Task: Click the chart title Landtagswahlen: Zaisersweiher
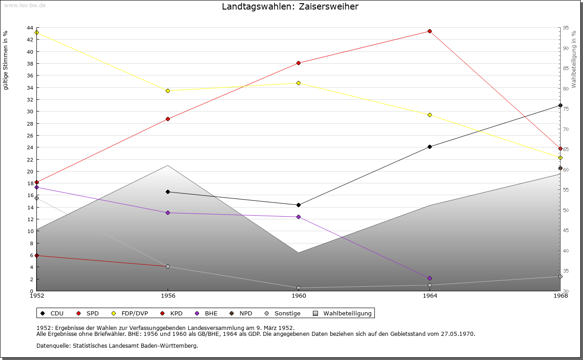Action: pyautogui.click(x=290, y=7)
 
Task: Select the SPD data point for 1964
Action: pyautogui.click(x=430, y=31)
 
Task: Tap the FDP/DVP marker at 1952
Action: pyautogui.click(x=37, y=33)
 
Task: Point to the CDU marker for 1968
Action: pyautogui.click(x=560, y=106)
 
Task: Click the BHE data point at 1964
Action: pyautogui.click(x=430, y=278)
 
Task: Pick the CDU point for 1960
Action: pyautogui.click(x=298, y=205)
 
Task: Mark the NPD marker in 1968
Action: pyautogui.click(x=560, y=168)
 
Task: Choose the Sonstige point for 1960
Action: pyautogui.click(x=298, y=288)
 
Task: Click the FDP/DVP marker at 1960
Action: pyautogui.click(x=298, y=83)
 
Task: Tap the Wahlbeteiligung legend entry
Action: pyautogui.click(x=343, y=313)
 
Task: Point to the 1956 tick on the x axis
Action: pyautogui.click(x=168, y=295)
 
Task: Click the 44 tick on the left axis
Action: pyautogui.click(x=30, y=28)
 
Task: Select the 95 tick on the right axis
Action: pyautogui.click(x=566, y=28)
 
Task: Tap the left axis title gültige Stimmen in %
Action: pyautogui.click(x=6, y=61)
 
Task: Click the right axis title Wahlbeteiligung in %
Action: pyautogui.click(x=574, y=56)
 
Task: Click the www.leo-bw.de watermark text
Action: pyautogui.click(x=25, y=5)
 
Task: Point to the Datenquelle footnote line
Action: pyautogui.click(x=117, y=345)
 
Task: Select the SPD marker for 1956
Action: pyautogui.click(x=168, y=119)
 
